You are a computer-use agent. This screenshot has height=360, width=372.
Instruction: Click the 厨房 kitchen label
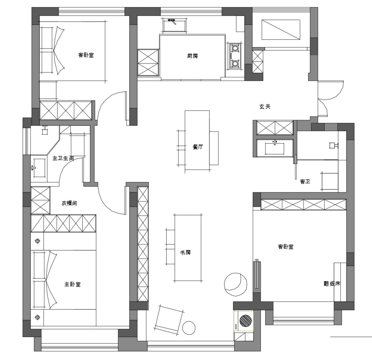coord(193,56)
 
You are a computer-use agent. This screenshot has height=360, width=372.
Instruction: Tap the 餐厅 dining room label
coord(198,147)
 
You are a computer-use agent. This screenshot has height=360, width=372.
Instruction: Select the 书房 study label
coord(185,252)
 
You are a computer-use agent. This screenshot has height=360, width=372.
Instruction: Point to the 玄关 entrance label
coord(265,107)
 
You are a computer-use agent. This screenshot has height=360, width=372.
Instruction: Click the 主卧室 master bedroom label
coord(73,284)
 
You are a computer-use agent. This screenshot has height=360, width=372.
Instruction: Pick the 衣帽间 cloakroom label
coord(69,203)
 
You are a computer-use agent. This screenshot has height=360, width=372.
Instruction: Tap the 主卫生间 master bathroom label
coord(63,158)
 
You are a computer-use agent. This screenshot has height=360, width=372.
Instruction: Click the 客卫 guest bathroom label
coord(305,182)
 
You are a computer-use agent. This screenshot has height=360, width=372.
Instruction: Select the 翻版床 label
coord(332,283)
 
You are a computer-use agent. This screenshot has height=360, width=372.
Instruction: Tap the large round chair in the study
coord(236,284)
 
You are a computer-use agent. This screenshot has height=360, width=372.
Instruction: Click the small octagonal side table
coord(189,328)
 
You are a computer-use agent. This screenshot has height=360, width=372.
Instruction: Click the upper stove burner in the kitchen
coord(235,48)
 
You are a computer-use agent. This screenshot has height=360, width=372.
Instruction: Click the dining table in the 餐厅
coord(197,140)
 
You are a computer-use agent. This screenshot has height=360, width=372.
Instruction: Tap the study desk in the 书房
coord(189,248)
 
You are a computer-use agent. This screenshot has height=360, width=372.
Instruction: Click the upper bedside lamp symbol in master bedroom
coord(38,241)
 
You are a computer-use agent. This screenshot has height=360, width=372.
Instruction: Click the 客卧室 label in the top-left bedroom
coord(86,55)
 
